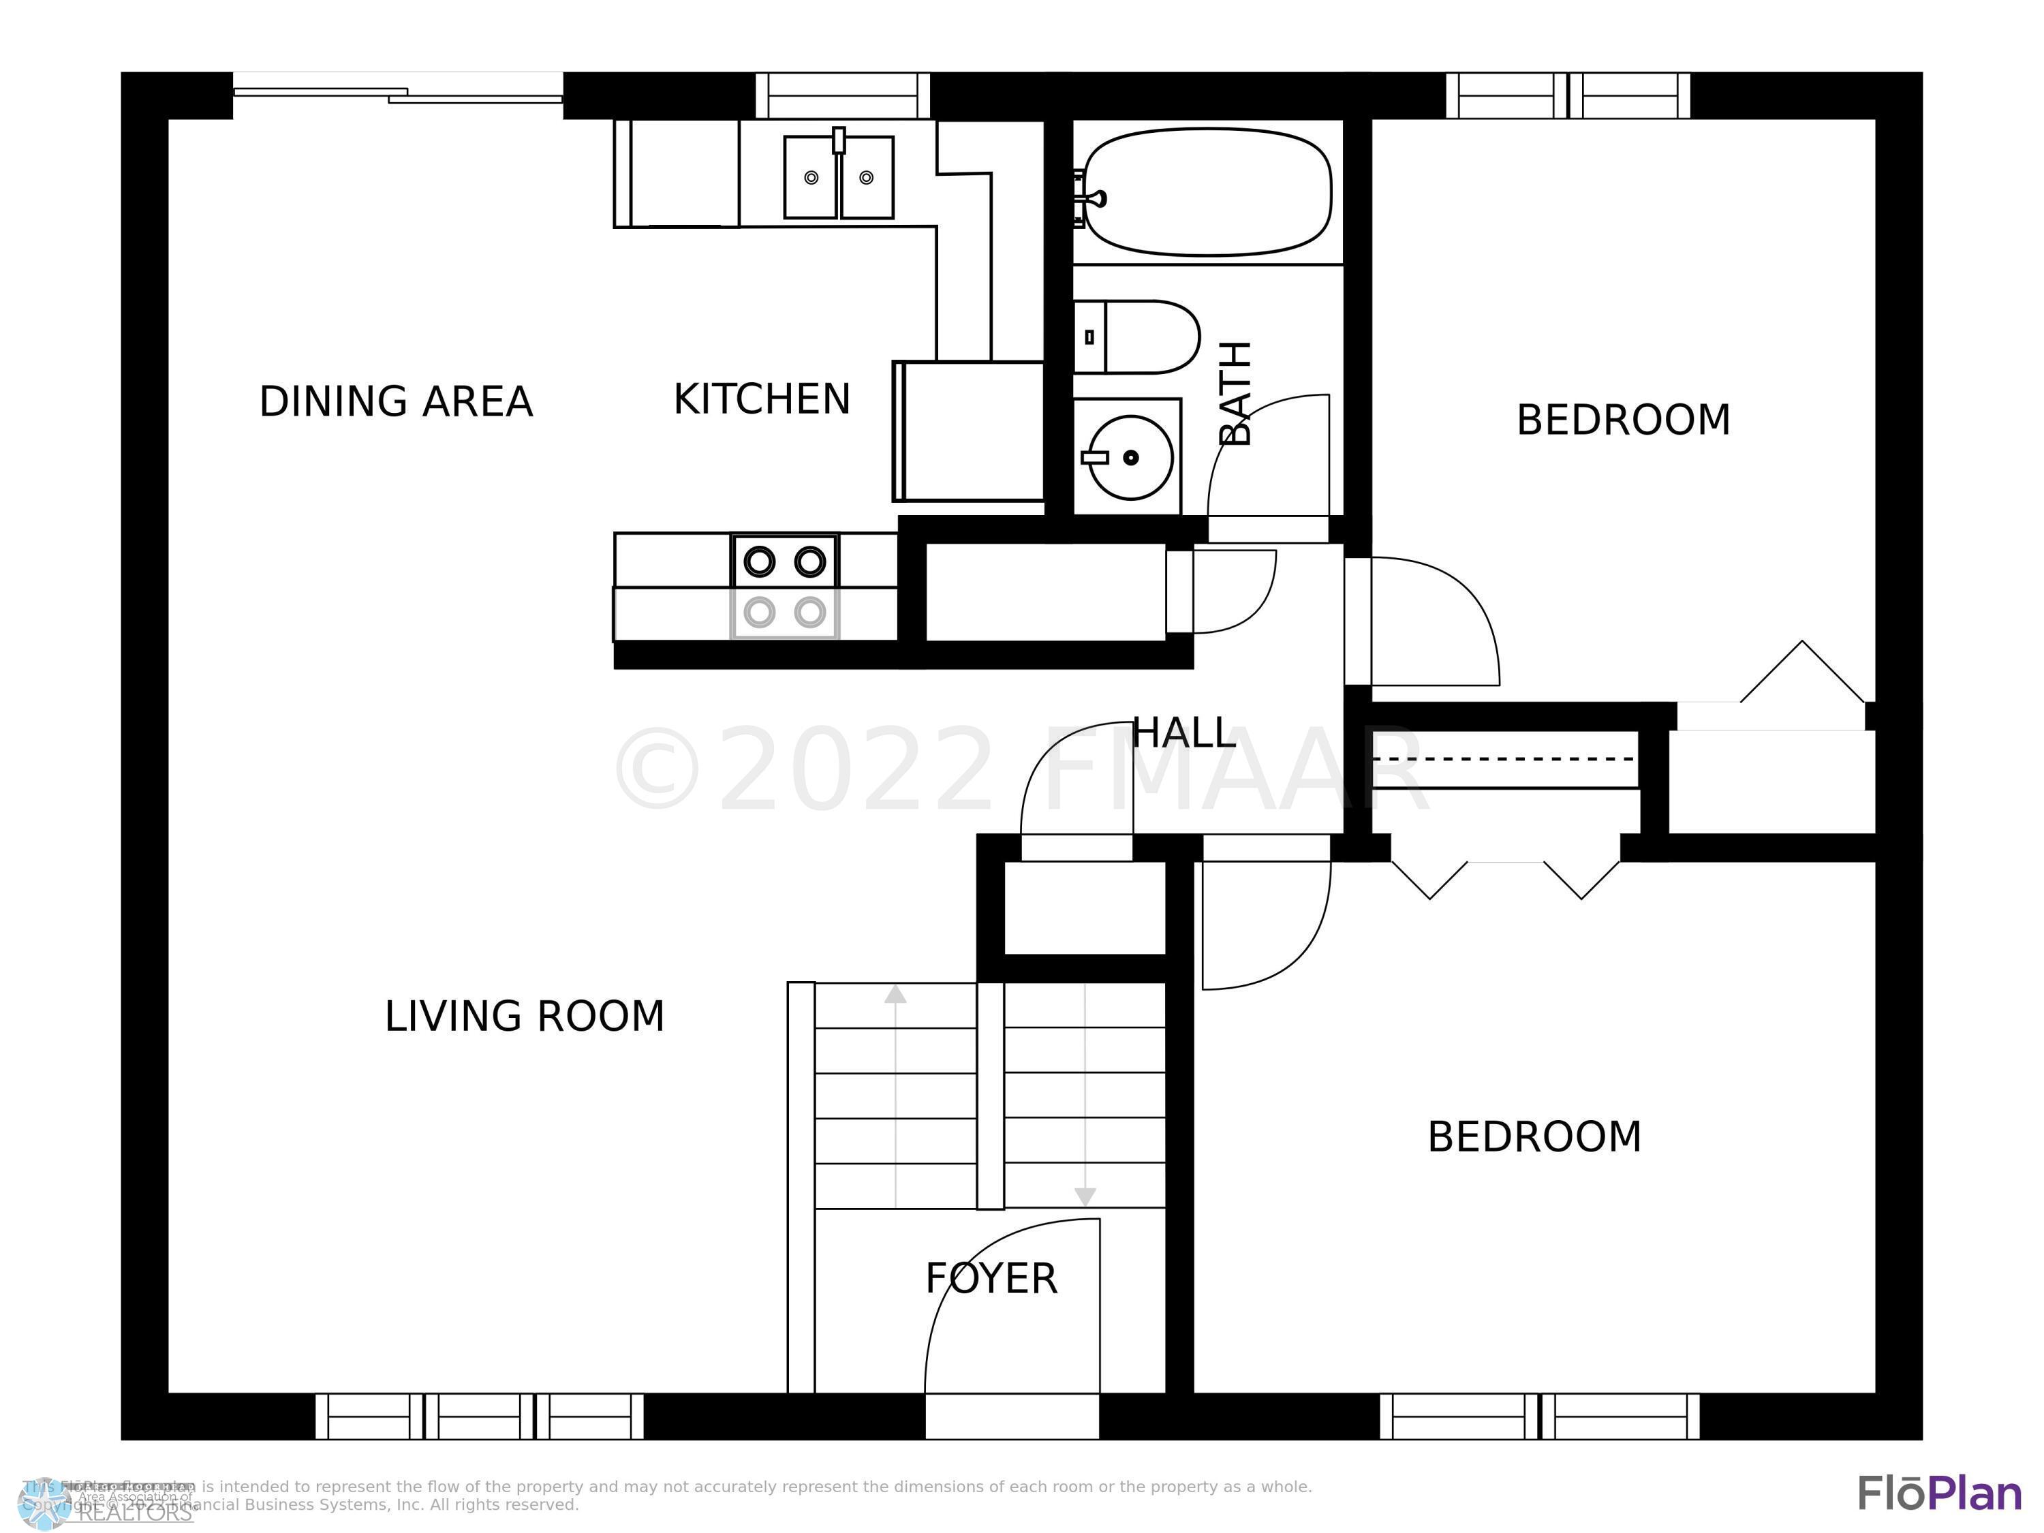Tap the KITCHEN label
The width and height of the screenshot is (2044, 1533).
(x=762, y=399)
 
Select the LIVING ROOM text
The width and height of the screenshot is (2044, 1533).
(x=524, y=1017)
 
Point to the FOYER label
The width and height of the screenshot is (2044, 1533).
(x=991, y=1279)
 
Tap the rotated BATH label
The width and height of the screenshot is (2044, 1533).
(x=1235, y=392)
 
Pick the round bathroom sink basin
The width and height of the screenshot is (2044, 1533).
(x=1130, y=456)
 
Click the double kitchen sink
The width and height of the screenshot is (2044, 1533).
(x=838, y=177)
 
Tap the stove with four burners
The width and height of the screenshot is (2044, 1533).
(x=784, y=586)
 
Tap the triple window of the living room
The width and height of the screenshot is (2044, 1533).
(x=479, y=1416)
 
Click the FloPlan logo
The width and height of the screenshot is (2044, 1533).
(x=1938, y=1493)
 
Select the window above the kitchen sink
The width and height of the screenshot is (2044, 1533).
(x=843, y=95)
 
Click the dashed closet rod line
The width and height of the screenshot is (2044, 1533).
(x=1504, y=758)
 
